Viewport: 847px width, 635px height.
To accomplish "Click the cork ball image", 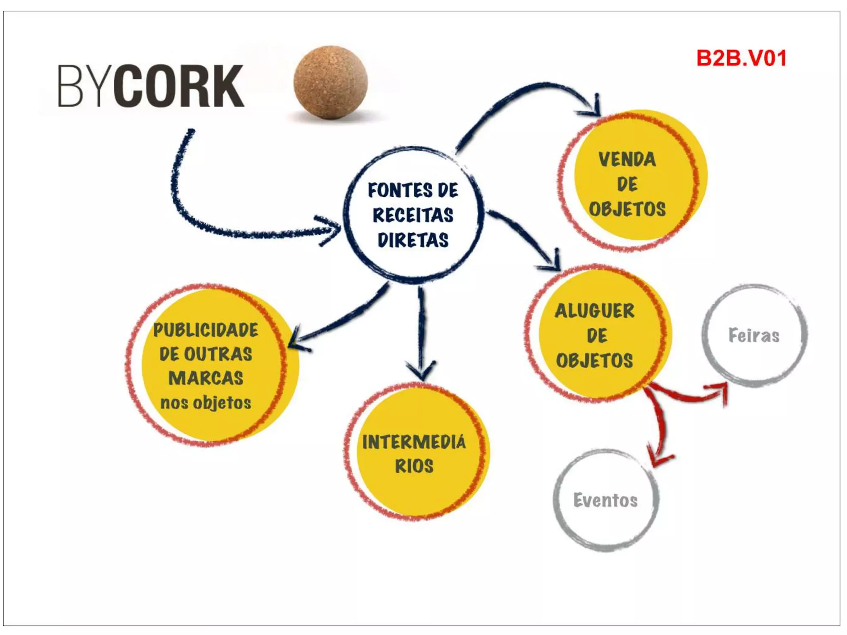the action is coord(330,82).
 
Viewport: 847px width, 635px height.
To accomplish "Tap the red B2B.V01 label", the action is coord(741,58).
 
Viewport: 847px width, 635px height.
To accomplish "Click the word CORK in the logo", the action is coord(179,86).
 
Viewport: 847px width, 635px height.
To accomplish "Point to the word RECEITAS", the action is coord(413,215).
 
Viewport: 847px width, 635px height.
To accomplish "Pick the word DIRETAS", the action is coord(413,240).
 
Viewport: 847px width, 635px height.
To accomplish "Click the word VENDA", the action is coord(627,160).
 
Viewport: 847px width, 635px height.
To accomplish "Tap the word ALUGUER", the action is coord(594,311).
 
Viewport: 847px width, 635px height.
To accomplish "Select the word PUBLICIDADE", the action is coord(206,330).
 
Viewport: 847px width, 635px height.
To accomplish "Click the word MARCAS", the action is coord(206,378).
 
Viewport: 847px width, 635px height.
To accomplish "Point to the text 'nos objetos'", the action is coord(206,403).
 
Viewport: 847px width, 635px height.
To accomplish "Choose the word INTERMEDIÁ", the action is coord(414,442).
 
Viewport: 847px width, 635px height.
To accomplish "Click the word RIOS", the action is coord(414,466).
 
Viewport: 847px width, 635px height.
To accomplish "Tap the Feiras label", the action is coord(754,336).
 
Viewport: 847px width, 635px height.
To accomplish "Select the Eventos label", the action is coord(605,501).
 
